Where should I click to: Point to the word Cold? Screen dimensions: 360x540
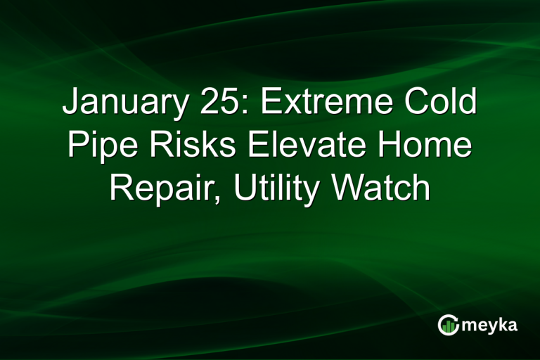point(442,103)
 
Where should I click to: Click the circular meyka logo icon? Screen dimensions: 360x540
point(449,325)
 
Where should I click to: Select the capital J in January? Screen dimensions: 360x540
point(70,103)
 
